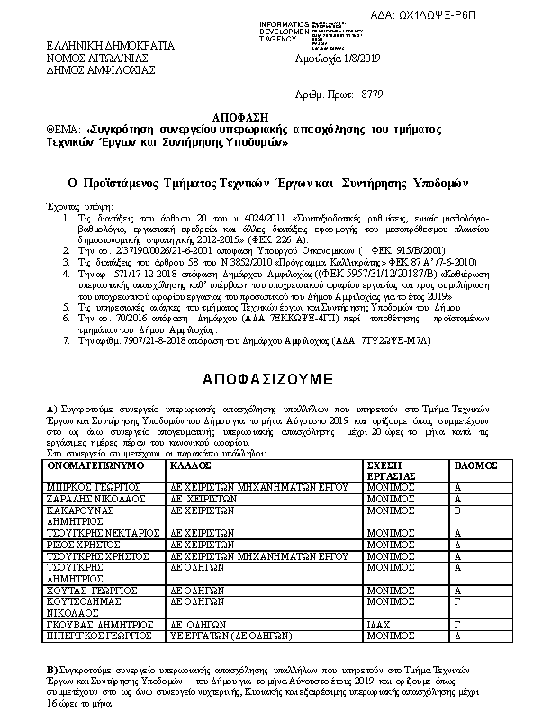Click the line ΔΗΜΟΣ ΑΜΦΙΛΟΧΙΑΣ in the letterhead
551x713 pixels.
point(90,68)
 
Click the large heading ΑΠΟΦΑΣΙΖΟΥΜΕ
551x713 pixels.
point(268,375)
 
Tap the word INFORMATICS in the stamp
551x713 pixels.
point(283,23)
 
